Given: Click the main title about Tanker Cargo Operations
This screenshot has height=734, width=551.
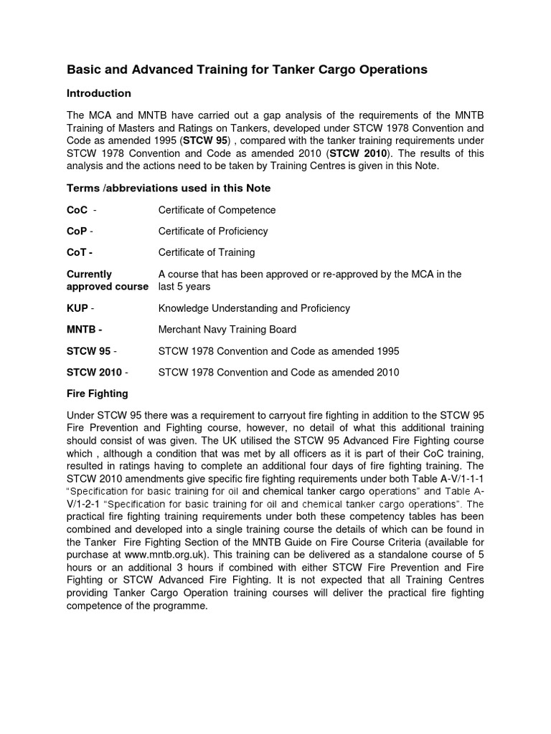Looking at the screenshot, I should tap(247, 70).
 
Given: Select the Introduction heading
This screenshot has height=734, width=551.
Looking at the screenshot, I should tap(99, 93).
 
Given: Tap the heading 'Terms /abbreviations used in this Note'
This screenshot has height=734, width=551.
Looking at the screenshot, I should tap(169, 188).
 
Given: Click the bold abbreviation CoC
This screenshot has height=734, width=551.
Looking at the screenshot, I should tap(77, 210).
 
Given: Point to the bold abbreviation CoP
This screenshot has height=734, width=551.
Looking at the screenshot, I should tap(77, 231).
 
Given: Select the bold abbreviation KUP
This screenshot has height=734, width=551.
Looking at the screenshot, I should tap(77, 308).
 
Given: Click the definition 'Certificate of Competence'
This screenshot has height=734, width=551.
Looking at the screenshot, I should tap(217, 210).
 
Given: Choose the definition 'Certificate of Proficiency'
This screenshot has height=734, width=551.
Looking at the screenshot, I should tap(213, 231).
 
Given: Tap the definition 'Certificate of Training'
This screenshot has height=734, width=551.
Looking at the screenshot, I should tap(207, 252).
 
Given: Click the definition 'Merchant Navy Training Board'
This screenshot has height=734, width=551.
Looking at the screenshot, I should tap(227, 330).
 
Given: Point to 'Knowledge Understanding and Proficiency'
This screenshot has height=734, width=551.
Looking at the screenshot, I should tap(254, 308).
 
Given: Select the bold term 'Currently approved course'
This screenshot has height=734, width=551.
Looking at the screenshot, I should tap(106, 280).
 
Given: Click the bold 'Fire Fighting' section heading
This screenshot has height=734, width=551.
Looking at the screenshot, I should tap(98, 394).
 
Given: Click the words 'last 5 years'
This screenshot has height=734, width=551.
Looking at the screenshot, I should tap(184, 287).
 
